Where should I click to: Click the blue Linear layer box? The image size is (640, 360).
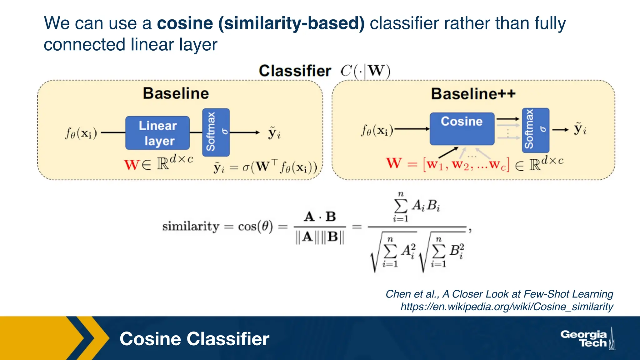coord(157,133)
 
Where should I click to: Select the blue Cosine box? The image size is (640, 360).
coord(462,129)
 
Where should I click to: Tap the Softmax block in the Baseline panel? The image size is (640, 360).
coord(216,132)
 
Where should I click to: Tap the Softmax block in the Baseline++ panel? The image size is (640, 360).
coord(535,130)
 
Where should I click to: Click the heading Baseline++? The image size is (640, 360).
coord(473,93)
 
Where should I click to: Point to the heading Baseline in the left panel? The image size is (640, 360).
coord(176,93)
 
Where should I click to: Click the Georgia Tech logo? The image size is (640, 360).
coord(587,339)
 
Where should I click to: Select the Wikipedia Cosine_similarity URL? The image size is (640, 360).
coord(507,307)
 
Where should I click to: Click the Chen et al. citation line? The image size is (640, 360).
coord(499,294)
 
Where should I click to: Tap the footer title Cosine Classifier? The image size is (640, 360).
coord(194,339)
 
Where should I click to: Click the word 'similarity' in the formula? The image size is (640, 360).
coord(191,226)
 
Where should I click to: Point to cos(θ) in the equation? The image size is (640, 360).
coord(255,226)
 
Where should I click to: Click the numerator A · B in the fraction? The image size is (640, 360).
coord(320,216)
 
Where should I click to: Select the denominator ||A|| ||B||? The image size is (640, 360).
coord(320,237)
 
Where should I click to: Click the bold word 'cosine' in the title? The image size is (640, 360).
coord(185,23)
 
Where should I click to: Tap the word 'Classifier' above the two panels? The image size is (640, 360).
coord(295,71)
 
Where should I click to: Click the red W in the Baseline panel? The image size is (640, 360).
coord(131,165)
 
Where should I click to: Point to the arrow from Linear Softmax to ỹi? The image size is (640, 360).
coord(245,132)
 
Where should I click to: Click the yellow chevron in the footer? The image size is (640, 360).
coord(94,338)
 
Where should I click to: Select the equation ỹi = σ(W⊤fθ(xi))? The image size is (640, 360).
coord(265,167)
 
